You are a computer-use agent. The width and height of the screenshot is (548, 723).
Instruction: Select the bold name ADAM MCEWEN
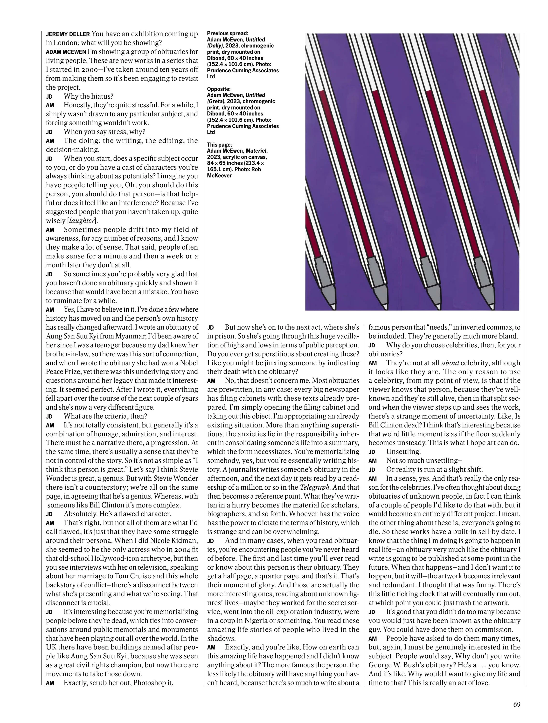coord(66,52)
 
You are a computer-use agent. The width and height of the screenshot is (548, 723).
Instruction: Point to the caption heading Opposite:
coord(219,89)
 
